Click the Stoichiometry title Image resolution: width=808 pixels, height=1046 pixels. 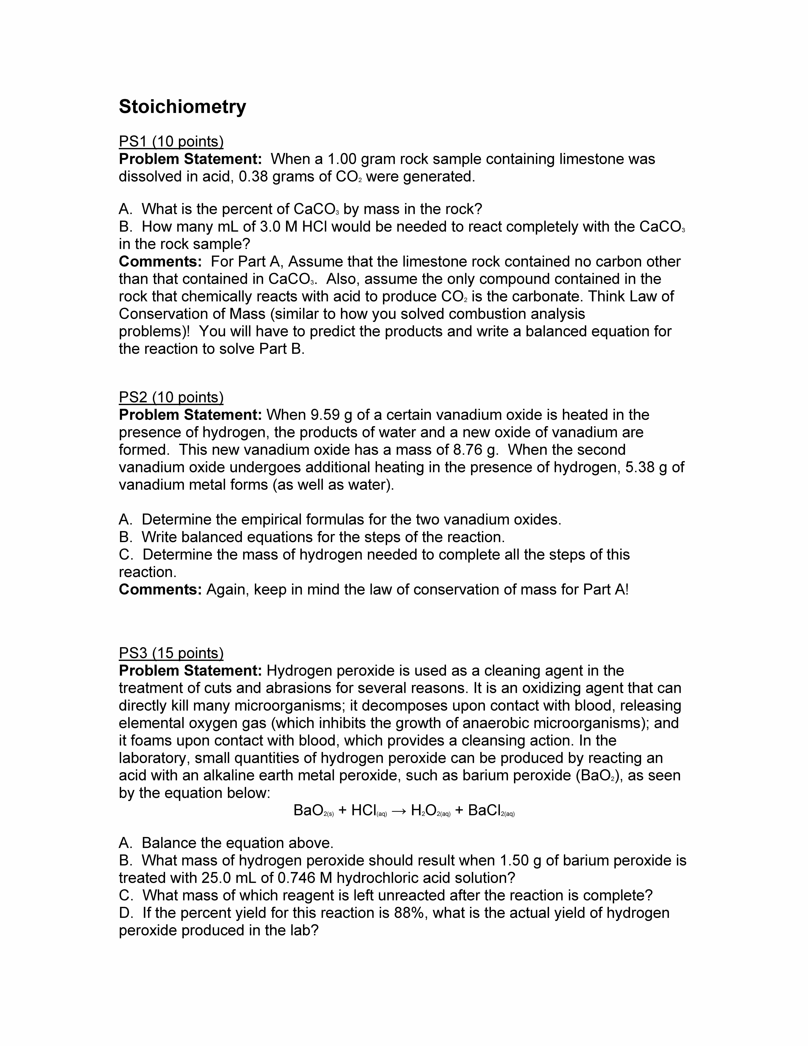click(182, 107)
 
